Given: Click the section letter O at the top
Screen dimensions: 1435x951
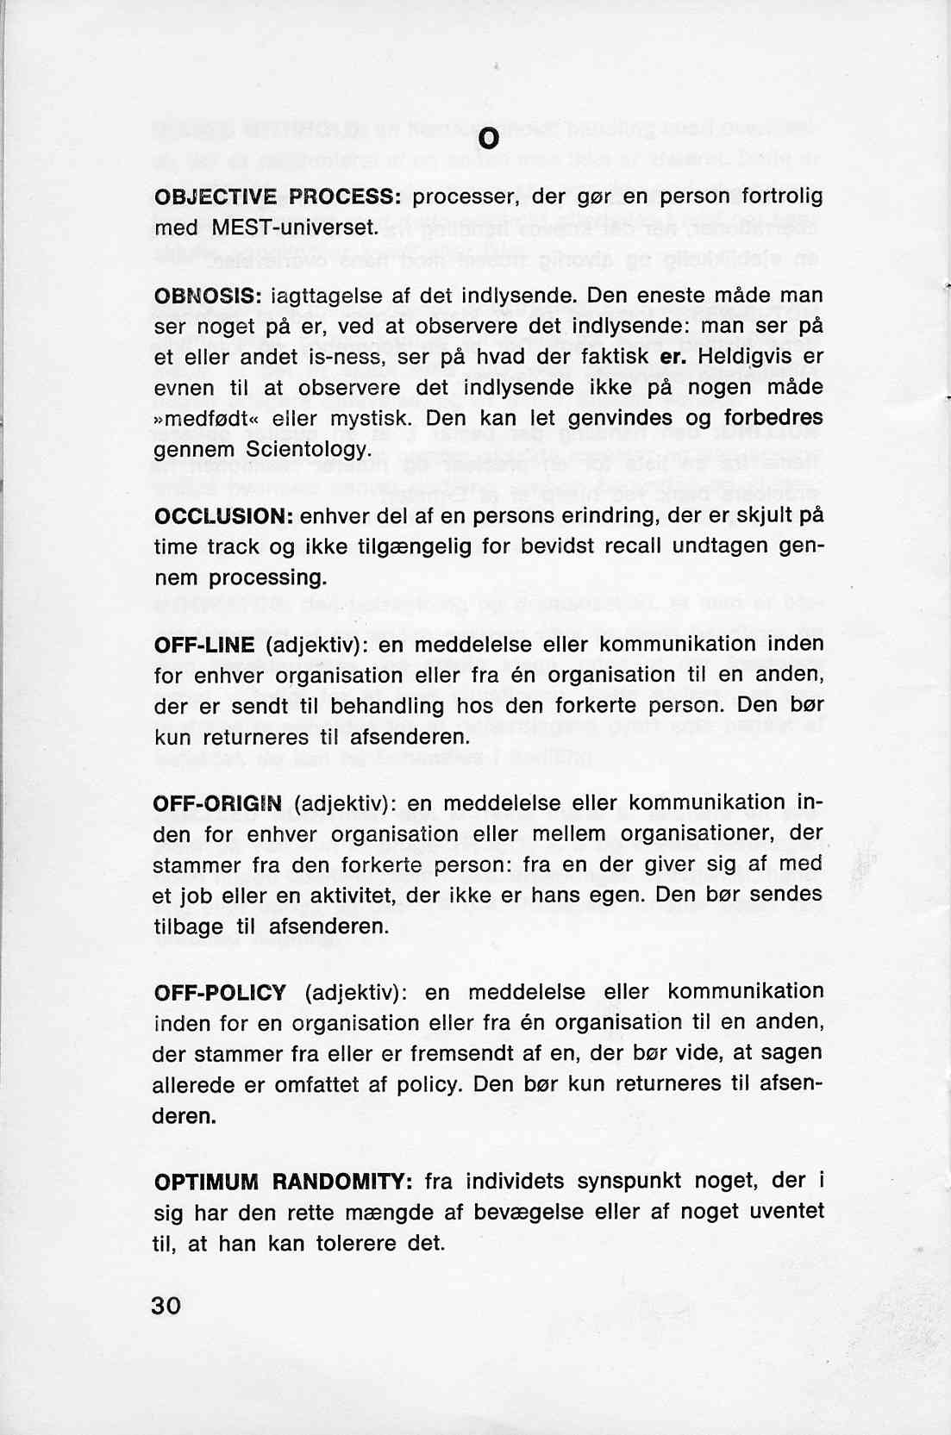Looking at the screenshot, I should coord(488,139).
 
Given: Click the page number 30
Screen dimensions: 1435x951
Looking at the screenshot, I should coord(166,1305).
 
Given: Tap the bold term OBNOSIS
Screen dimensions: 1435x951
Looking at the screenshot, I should coord(208,296).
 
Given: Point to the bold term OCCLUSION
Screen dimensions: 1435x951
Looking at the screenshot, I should coord(224,516).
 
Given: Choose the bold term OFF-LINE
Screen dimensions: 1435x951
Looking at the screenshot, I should coord(204,645).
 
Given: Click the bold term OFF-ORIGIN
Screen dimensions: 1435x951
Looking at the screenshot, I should coord(217,803).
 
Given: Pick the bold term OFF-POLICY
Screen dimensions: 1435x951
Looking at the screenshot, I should coord(220,992).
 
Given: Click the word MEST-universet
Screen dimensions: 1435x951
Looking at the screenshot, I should coord(295,228).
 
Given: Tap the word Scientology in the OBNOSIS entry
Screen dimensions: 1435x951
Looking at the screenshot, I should coord(308,450).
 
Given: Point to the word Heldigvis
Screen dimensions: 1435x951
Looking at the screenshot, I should coord(743,357).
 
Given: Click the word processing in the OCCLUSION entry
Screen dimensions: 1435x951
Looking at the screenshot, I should coord(267,578).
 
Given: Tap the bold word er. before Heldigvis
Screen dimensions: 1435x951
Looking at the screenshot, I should coord(672,357).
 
